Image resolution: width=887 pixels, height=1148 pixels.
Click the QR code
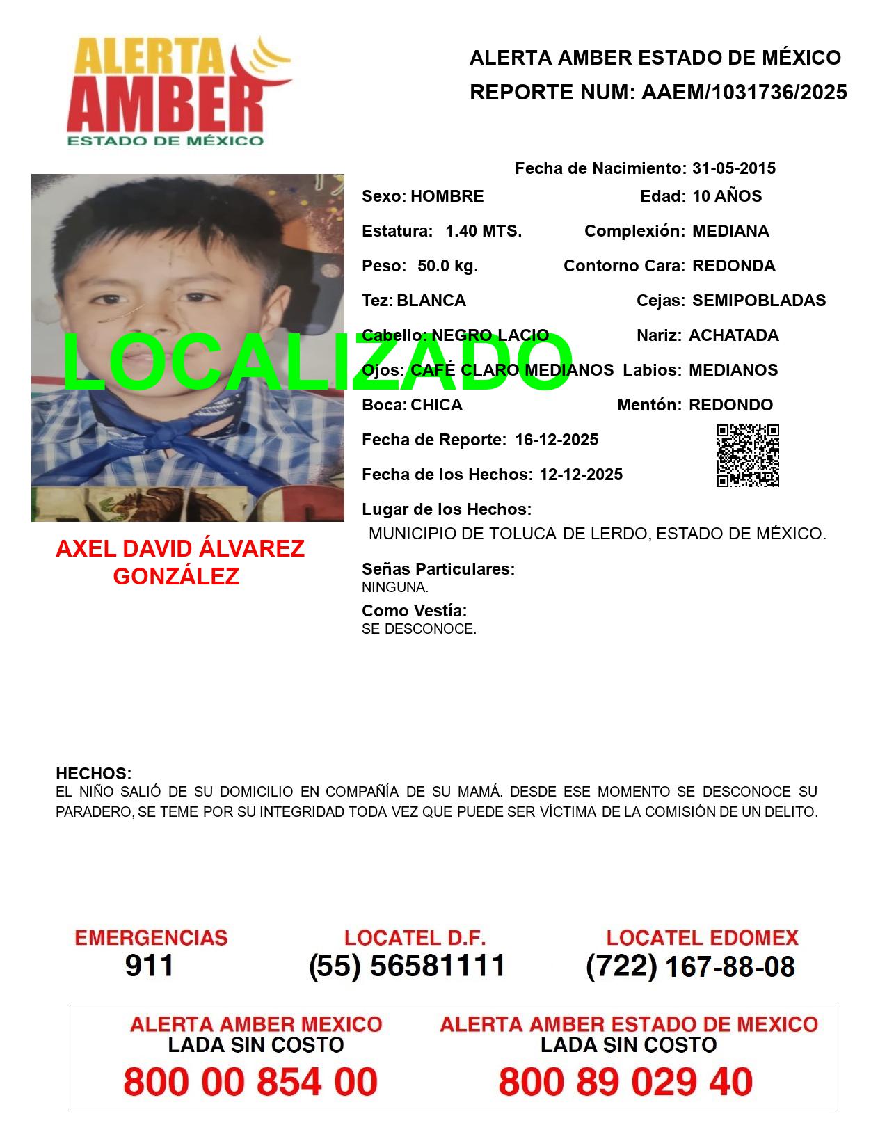[x=747, y=456]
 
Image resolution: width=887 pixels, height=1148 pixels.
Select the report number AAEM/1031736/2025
[x=744, y=93]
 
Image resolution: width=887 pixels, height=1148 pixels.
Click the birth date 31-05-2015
[x=733, y=168]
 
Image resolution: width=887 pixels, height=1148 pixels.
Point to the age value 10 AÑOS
[x=726, y=196]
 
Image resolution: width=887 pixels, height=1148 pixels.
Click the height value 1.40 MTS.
[x=483, y=231]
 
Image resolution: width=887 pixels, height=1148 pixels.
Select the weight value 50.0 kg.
[x=447, y=266]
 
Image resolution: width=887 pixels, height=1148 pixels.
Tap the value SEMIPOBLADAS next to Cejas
[x=758, y=301]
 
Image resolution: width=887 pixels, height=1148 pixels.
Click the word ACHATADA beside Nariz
[x=733, y=335]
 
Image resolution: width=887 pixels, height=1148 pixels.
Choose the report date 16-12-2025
[x=557, y=440]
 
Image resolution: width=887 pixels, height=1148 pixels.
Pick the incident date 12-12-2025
[x=581, y=475]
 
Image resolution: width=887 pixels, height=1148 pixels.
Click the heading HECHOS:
[x=93, y=774]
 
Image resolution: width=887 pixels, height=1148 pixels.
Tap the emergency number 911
[x=150, y=966]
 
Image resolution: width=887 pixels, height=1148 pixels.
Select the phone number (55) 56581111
[x=407, y=966]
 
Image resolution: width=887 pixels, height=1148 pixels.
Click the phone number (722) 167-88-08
[x=690, y=966]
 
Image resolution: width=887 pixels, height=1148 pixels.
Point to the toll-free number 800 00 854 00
[x=250, y=1082]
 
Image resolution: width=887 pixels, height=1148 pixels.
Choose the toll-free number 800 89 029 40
[x=625, y=1082]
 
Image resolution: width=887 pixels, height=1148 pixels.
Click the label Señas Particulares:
[x=438, y=569]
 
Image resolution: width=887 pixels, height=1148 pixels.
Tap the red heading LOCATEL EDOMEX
[x=702, y=938]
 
